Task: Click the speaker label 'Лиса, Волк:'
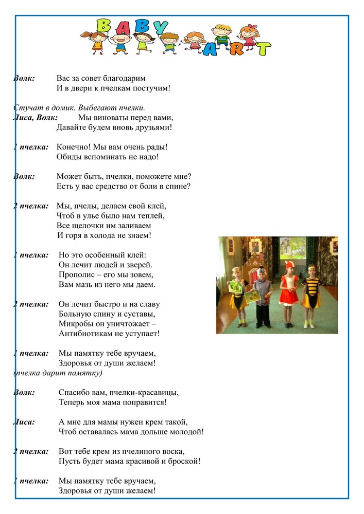(35, 118)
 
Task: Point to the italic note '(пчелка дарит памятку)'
(58, 373)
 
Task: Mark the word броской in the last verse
(183, 461)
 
